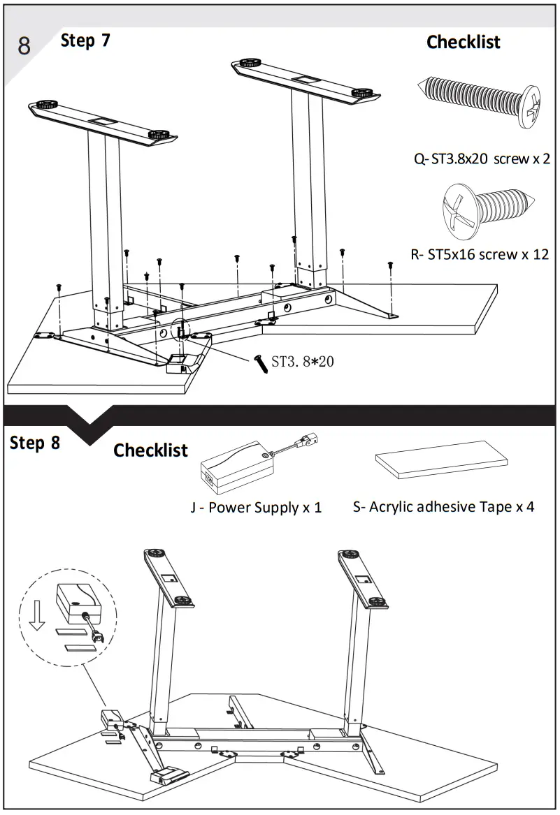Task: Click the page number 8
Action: (x=24, y=46)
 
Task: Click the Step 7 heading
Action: (x=85, y=41)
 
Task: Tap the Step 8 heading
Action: (x=35, y=443)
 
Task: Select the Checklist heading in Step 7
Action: (x=463, y=42)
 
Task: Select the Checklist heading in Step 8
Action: (x=150, y=450)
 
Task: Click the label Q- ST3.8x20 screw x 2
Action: (x=482, y=159)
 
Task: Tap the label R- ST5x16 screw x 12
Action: (x=480, y=254)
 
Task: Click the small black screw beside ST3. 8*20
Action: (x=261, y=364)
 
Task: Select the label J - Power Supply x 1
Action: (x=256, y=508)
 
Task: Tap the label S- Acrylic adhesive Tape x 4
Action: (x=443, y=507)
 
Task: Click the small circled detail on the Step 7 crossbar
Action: (x=181, y=328)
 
